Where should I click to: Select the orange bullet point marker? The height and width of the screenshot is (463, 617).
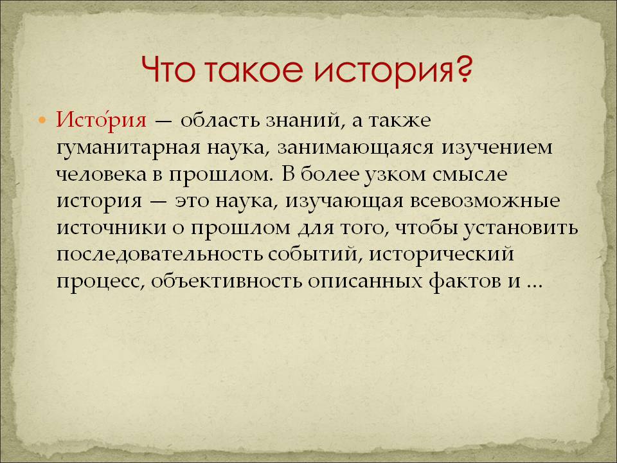tap(42, 120)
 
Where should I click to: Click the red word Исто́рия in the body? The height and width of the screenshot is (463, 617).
tap(101, 120)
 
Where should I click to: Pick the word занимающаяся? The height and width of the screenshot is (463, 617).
tap(355, 149)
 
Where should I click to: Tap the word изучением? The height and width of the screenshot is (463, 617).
tap(497, 149)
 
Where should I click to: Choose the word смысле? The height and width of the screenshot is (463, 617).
tap(470, 174)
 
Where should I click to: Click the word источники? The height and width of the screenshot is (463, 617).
tap(111, 228)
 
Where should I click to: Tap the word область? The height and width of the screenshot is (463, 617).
tap(222, 120)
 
